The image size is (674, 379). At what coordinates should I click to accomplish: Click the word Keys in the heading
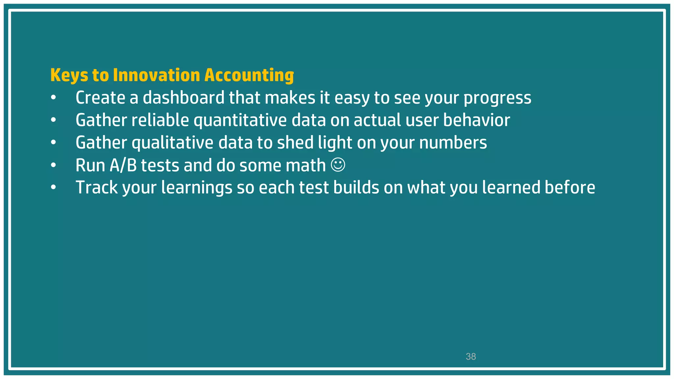69,75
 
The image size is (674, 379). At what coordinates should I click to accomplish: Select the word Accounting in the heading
249,75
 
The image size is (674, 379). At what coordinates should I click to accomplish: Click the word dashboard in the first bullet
183,98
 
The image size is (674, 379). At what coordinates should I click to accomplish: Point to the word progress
497,98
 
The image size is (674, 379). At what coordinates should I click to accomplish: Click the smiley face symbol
338,165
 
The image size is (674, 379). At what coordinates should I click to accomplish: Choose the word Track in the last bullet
96,188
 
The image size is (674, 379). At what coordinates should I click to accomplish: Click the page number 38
471,357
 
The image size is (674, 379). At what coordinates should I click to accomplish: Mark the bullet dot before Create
54,98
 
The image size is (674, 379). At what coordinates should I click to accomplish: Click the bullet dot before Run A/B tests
54,165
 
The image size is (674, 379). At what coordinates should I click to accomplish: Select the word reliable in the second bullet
160,120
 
